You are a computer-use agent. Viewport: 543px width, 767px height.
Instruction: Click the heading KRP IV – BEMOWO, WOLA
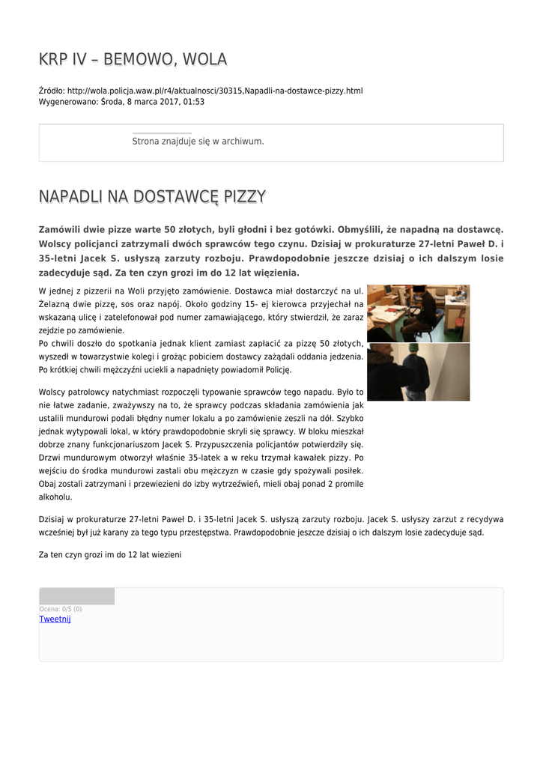(x=133, y=59)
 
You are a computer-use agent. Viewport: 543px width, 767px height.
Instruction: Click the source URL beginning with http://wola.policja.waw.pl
(x=215, y=91)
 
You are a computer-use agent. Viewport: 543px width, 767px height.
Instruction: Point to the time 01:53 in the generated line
(x=194, y=101)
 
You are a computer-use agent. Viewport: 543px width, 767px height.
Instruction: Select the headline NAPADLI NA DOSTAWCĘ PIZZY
(x=152, y=197)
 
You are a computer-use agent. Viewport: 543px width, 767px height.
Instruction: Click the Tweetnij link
(x=55, y=619)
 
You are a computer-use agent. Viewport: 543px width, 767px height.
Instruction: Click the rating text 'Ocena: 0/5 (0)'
(x=61, y=609)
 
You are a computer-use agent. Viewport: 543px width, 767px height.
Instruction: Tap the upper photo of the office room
(x=418, y=313)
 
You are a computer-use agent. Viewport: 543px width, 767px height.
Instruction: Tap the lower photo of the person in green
(x=418, y=372)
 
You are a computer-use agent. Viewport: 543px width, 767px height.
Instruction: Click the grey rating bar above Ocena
(x=76, y=596)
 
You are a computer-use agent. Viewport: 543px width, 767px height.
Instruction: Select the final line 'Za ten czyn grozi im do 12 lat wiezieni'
(x=109, y=555)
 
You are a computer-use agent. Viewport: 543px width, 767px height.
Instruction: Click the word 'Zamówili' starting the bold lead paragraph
(x=62, y=229)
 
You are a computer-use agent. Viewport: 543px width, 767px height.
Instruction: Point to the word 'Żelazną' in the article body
(x=53, y=303)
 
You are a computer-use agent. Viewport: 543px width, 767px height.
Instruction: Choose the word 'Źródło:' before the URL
(x=51, y=91)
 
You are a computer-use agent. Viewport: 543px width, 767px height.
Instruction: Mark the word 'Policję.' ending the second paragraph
(x=275, y=370)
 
